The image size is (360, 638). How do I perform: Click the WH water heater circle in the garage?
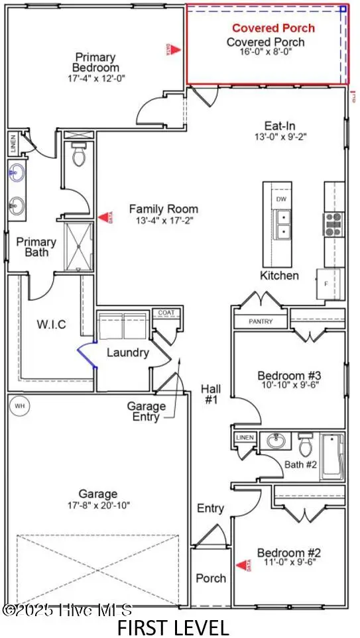pyautogui.click(x=19, y=405)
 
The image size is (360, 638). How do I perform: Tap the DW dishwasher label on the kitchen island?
pyautogui.click(x=280, y=199)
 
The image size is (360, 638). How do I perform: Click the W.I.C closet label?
pyautogui.click(x=51, y=325)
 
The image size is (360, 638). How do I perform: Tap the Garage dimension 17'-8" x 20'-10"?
pyautogui.click(x=98, y=505)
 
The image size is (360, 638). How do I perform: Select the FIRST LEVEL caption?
pyautogui.click(x=174, y=627)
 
